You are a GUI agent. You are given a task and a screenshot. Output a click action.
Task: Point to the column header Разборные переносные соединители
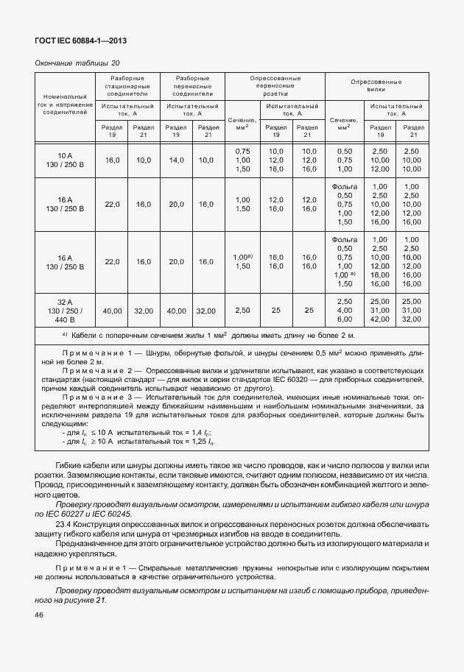192,86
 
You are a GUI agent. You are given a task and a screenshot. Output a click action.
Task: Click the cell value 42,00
380,319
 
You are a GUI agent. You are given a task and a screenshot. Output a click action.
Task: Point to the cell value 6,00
344,319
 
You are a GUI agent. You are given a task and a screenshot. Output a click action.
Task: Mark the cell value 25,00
380,302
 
